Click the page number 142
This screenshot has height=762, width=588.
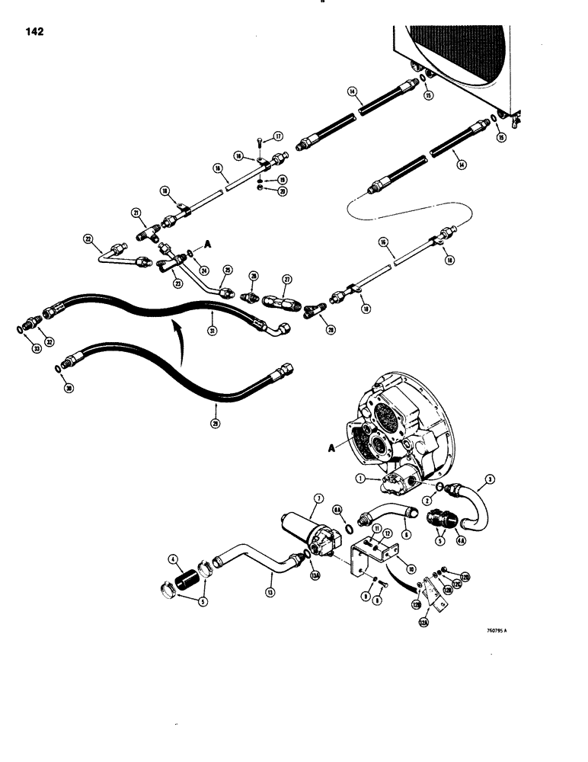[x=34, y=31]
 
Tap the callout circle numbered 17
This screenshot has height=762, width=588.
[x=279, y=136]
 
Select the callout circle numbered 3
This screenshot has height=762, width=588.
[x=491, y=479]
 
